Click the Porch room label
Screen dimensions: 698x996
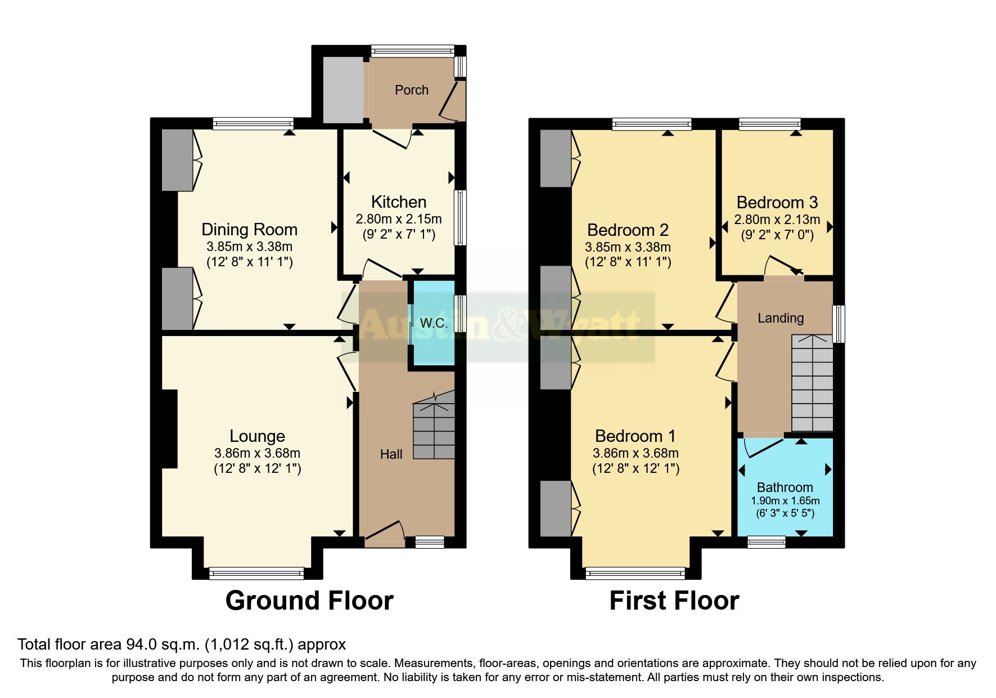click(411, 90)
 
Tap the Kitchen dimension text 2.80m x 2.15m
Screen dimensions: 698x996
click(398, 219)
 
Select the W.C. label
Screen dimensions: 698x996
click(434, 323)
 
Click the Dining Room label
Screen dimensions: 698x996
click(249, 230)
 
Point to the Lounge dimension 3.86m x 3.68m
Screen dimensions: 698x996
click(257, 453)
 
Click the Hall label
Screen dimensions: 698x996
click(391, 454)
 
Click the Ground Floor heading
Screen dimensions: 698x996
click(309, 601)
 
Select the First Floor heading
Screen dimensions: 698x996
click(674, 601)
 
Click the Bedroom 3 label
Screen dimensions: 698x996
click(777, 203)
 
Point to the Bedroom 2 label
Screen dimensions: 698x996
click(628, 230)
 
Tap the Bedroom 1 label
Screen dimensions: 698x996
click(635, 436)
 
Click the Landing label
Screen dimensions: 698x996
click(780, 318)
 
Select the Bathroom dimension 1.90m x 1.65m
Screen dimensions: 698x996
click(785, 501)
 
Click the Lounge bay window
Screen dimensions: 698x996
click(256, 573)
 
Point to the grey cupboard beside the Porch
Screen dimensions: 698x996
click(343, 90)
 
